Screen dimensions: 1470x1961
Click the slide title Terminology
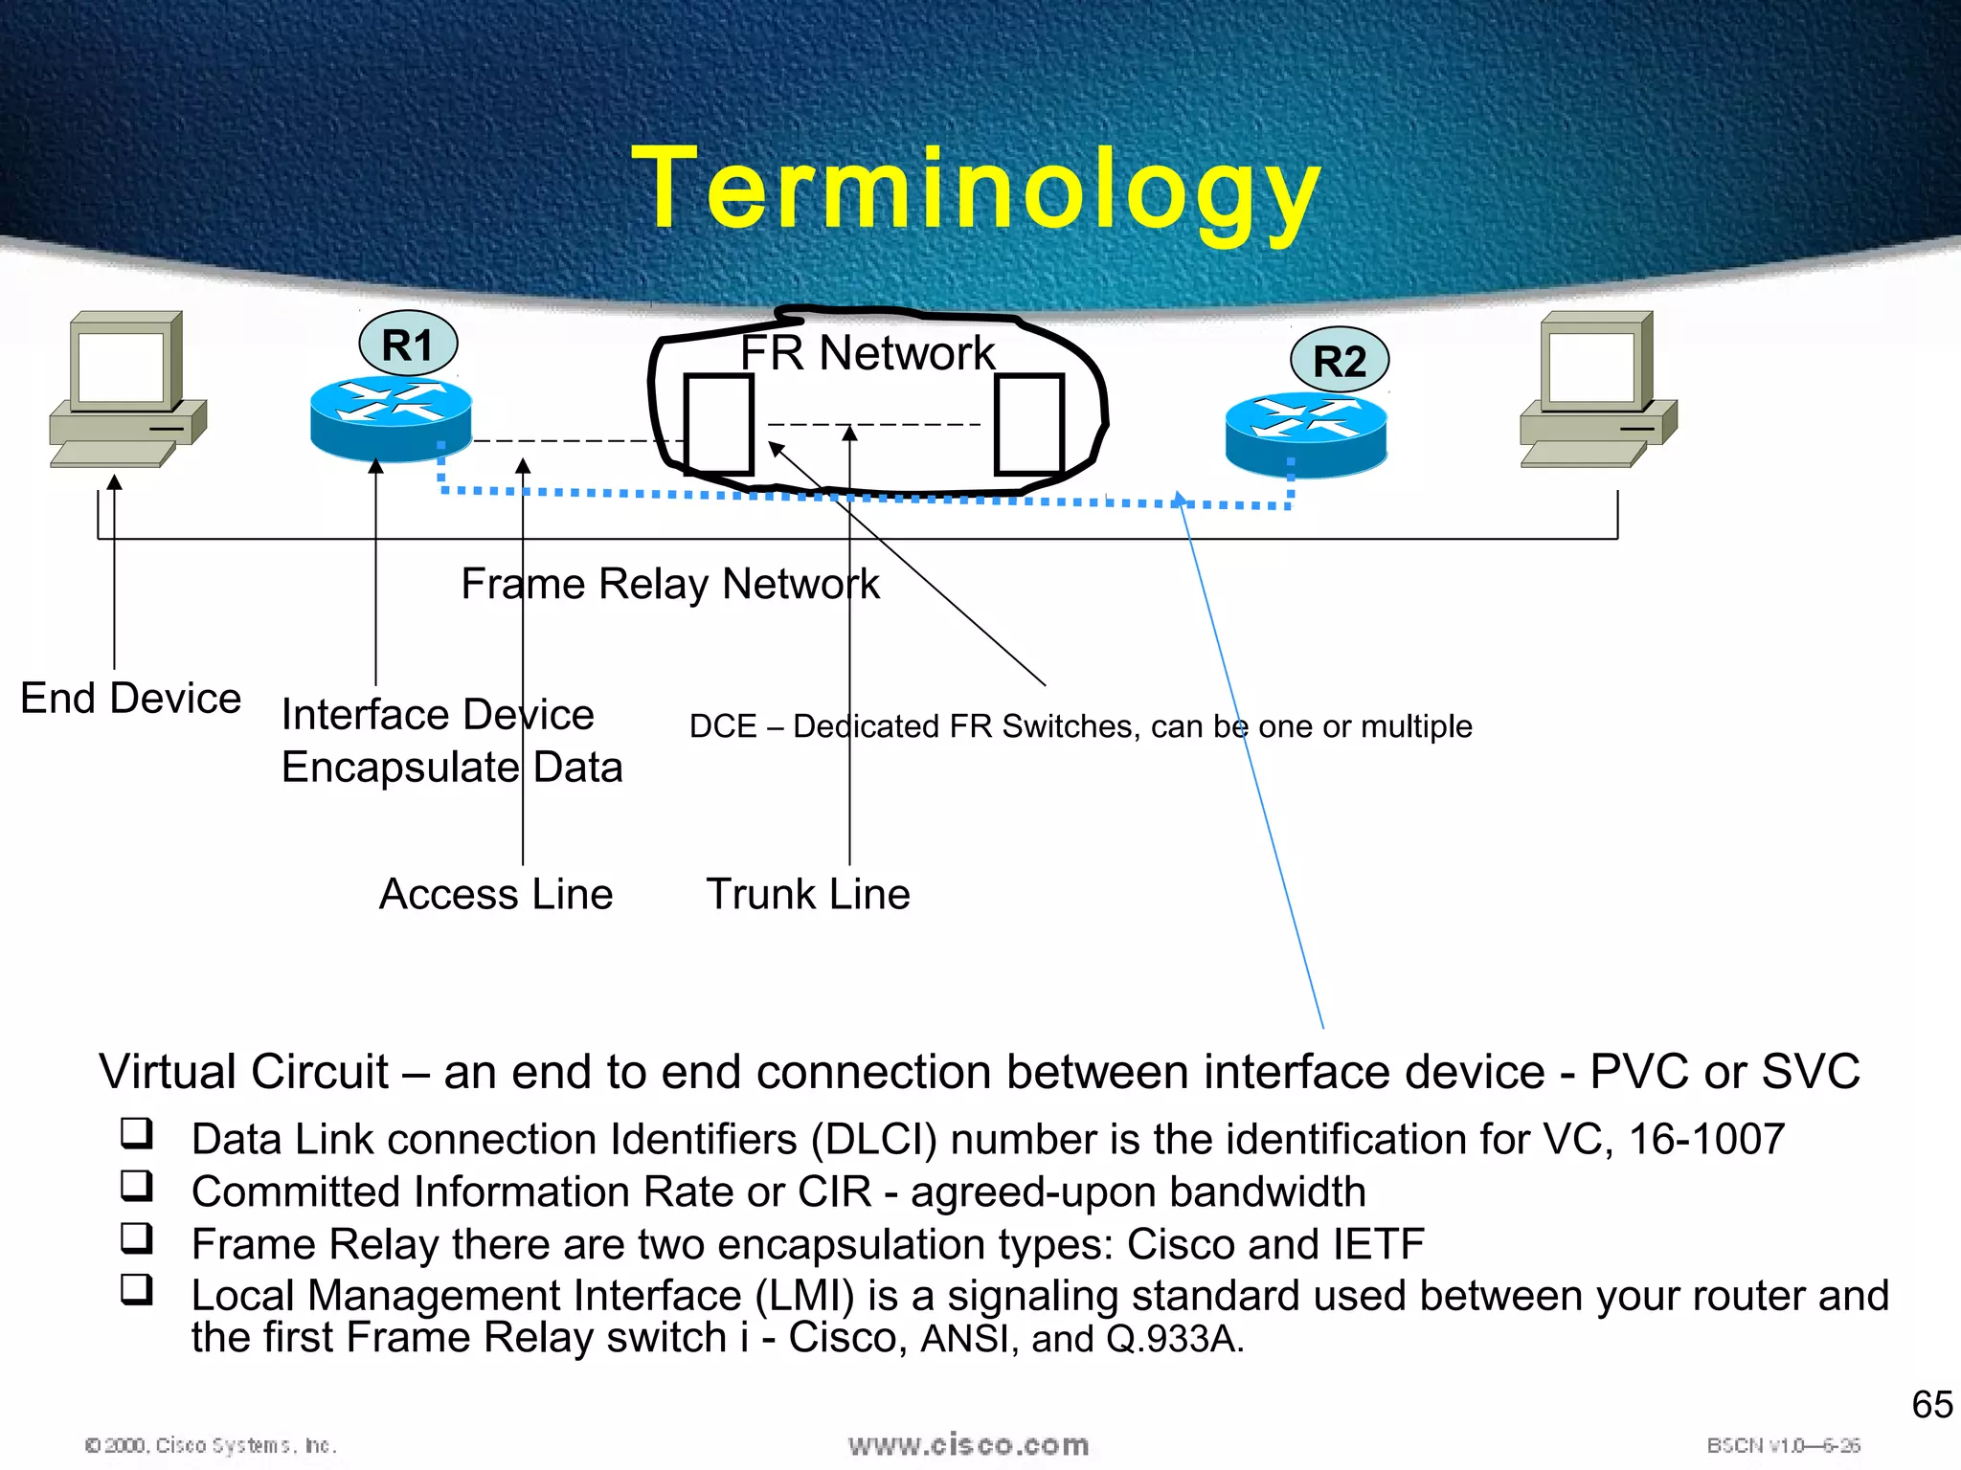977,189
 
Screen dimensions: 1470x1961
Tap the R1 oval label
408,345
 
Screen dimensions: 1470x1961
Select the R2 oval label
1340,361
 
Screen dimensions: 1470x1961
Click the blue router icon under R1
391,419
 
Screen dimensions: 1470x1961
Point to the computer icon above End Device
128,388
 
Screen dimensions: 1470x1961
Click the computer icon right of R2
1598,388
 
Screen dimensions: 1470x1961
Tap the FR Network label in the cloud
868,353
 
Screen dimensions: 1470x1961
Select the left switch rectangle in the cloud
718,424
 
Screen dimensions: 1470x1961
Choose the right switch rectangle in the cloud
1029,424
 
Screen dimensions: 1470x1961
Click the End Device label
130,699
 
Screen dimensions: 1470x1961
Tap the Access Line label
496,895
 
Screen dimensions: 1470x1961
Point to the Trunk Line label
808,895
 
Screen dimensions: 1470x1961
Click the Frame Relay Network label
670,584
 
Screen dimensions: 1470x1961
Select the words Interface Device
438,715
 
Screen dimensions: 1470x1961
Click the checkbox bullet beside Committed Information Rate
137,1186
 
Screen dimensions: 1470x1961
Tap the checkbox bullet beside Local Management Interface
137,1289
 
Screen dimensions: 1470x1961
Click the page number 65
1931,1405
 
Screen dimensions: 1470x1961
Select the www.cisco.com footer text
968,1445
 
